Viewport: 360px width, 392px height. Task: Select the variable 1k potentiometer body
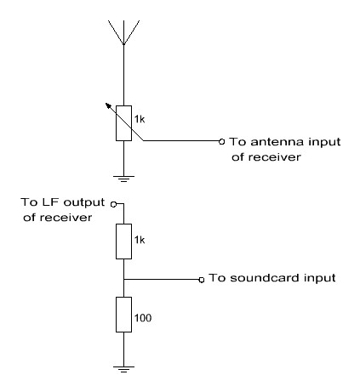(123, 123)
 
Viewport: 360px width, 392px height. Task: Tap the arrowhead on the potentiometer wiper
(108, 105)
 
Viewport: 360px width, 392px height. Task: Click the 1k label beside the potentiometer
(140, 119)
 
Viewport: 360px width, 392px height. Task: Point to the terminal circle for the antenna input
(222, 141)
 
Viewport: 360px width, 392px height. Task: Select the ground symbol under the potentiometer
(123, 179)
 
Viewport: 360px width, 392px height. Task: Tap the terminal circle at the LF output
(113, 204)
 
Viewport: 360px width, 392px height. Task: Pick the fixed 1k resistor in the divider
(123, 241)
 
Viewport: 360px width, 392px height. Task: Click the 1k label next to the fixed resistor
(140, 240)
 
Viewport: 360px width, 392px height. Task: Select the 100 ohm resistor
(123, 315)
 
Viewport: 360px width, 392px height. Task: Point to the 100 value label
(143, 318)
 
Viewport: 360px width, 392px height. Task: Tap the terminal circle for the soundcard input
(202, 280)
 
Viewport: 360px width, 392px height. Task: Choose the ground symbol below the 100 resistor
(123, 369)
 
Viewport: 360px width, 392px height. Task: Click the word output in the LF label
(84, 202)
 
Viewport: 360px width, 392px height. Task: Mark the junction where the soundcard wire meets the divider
(123, 280)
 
